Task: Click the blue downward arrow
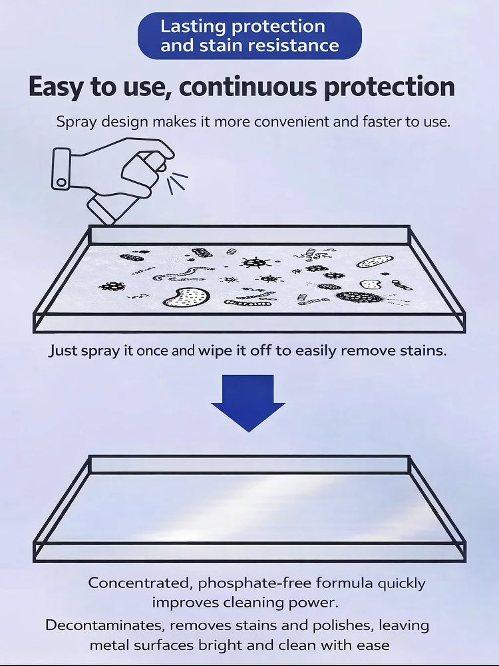click(x=248, y=400)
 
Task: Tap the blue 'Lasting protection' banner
click(x=249, y=36)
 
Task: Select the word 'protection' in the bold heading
click(x=389, y=88)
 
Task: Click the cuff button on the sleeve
click(x=61, y=181)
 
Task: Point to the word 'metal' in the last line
click(x=112, y=645)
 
